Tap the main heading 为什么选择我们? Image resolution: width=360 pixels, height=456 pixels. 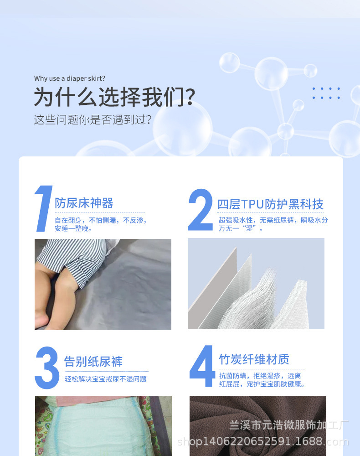(x=114, y=97)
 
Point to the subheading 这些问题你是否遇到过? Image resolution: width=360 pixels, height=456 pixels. (x=93, y=120)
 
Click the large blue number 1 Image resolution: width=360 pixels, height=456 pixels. (x=43, y=209)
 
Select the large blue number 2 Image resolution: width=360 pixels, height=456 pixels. (x=200, y=209)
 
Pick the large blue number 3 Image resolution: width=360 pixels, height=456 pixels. (x=47, y=368)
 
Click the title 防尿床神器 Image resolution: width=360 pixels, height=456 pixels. (x=84, y=203)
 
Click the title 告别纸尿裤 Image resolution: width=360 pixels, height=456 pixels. (x=93, y=362)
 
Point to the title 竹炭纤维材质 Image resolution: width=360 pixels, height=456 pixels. (x=254, y=359)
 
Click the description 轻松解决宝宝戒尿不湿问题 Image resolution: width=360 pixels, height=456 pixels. (x=105, y=379)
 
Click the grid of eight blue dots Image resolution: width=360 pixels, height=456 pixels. (x=326, y=93)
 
